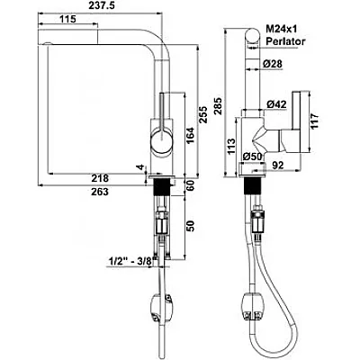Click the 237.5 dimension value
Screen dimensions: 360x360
(x=102, y=5)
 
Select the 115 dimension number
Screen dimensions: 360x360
(x=67, y=19)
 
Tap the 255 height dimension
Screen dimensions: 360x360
(x=204, y=114)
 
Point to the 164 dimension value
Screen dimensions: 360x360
(x=190, y=135)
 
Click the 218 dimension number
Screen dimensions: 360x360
(x=100, y=178)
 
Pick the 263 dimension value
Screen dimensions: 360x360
(x=100, y=192)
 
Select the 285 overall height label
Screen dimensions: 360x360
(x=218, y=105)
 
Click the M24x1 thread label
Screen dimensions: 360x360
(x=282, y=29)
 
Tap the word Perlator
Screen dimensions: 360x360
(x=285, y=41)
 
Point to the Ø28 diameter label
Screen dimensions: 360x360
(x=273, y=63)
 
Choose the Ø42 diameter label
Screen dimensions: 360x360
(x=276, y=104)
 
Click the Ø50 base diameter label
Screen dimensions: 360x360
(x=253, y=157)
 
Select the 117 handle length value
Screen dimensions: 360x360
(x=314, y=121)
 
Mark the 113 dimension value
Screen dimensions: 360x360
(x=231, y=147)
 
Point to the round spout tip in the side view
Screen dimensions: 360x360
(x=252, y=37)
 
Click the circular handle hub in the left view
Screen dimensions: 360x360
(x=162, y=139)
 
